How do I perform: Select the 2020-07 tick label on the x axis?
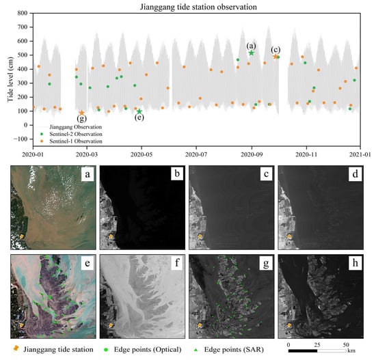(196, 155)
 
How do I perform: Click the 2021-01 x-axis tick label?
(360, 155)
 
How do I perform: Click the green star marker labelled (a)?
(252, 53)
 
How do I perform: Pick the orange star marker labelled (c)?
(276, 57)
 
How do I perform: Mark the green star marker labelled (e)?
(139, 111)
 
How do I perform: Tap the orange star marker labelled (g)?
(82, 113)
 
